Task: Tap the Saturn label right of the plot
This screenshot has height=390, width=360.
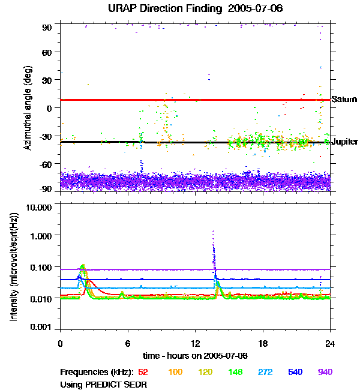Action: [x=344, y=100]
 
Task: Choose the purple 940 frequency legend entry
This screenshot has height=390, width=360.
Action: [x=325, y=373]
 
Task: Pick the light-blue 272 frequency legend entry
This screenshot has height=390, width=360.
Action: [x=263, y=373]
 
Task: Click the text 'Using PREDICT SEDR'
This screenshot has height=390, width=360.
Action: [x=103, y=384]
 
